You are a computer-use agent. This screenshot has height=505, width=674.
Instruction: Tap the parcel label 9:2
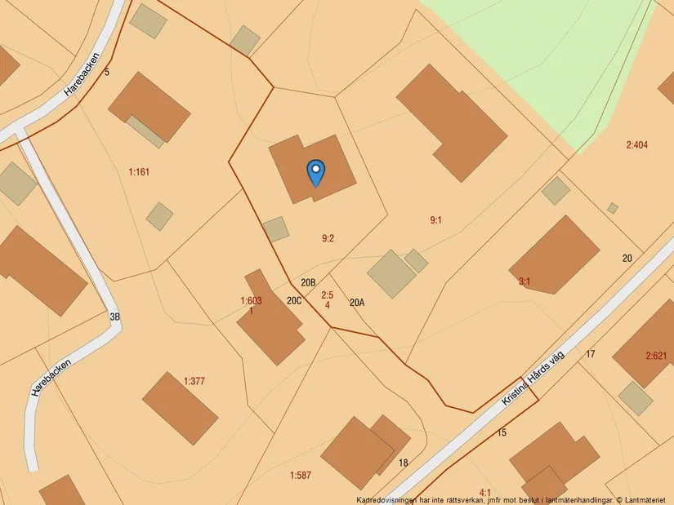[328, 238]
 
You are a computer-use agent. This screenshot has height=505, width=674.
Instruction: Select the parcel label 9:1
[436, 219]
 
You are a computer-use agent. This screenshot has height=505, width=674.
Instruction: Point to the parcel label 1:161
[139, 172]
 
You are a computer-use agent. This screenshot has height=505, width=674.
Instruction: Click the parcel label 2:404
[636, 145]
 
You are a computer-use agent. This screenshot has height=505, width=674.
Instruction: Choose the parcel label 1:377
[194, 380]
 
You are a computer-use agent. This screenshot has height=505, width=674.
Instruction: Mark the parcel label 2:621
[657, 356]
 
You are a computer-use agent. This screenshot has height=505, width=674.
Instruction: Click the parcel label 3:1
[524, 281]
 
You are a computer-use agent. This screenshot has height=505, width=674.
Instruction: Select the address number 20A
[357, 303]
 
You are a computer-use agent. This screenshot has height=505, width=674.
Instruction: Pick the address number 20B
[308, 283]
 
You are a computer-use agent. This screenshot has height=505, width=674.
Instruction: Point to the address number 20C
[294, 300]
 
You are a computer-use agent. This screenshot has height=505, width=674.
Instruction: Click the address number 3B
[114, 317]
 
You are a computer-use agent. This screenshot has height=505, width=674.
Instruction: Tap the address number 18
[403, 463]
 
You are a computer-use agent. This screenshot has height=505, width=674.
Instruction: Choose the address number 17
[591, 354]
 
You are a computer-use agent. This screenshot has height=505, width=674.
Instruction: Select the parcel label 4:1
[485, 493]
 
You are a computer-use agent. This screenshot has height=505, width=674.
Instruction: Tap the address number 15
[502, 432]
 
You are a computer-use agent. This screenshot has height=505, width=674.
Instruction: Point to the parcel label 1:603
[251, 301]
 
